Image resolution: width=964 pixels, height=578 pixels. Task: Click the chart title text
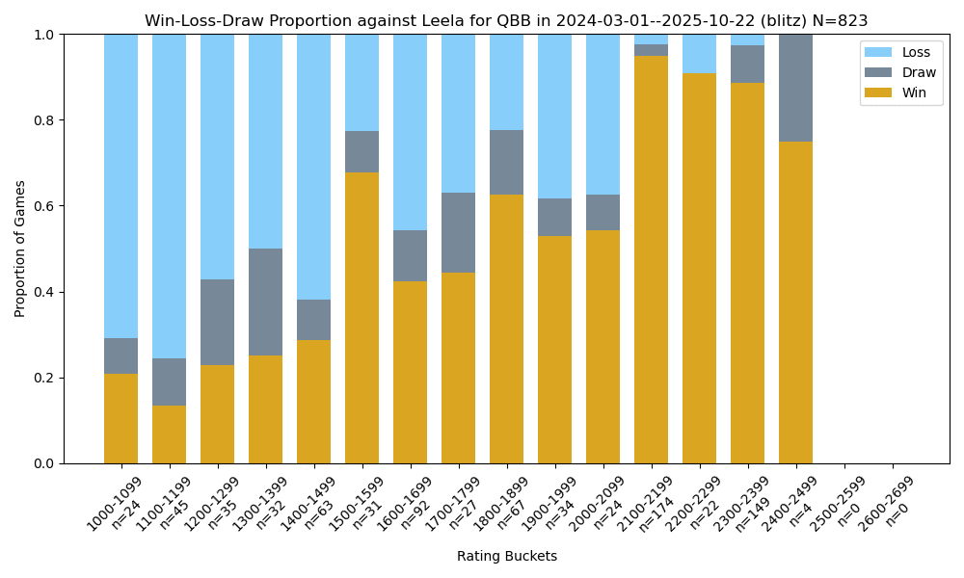(x=506, y=20)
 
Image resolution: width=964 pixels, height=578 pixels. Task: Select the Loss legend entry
(x=900, y=52)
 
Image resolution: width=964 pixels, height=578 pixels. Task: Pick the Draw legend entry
(x=900, y=72)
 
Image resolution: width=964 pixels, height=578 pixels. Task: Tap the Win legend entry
(x=900, y=92)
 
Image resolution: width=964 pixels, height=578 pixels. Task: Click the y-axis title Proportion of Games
(x=20, y=249)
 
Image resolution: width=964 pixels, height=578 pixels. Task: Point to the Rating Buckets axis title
(x=506, y=556)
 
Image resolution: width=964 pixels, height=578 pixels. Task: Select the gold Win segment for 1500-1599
(x=361, y=318)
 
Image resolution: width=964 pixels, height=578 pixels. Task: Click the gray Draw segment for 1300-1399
(x=265, y=302)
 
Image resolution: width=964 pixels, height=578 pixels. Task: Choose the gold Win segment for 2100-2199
(x=651, y=260)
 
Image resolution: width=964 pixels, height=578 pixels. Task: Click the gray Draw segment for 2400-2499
(x=795, y=88)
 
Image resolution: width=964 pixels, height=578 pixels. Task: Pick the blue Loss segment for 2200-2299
(x=699, y=54)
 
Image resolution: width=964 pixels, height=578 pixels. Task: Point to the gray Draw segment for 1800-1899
(x=506, y=163)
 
